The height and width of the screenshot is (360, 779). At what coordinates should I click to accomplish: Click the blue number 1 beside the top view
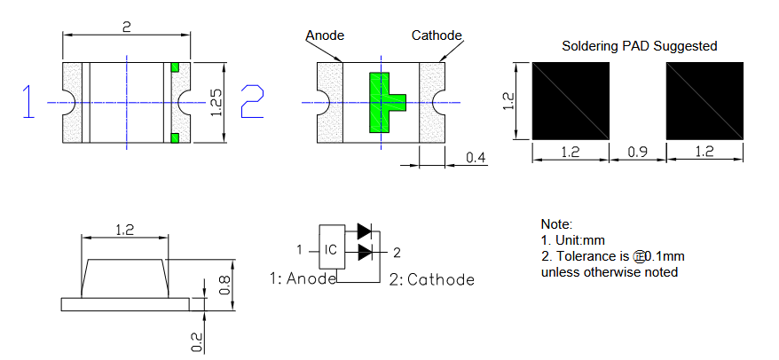pos(29,102)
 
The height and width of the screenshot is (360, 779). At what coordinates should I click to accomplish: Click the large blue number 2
pos(252,101)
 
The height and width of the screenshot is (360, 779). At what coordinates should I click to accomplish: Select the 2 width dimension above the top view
pos(127,27)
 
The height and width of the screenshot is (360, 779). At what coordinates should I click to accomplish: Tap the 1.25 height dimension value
pos(216,103)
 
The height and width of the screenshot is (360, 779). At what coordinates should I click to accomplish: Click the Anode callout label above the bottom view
pos(325,35)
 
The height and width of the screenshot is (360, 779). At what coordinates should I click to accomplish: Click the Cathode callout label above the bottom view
pos(437,35)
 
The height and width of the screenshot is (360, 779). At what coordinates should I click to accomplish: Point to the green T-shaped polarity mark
pos(384,103)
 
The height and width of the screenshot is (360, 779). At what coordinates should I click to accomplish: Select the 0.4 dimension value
pos(476,158)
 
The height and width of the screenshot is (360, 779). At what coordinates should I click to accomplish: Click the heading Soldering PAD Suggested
pos(640,46)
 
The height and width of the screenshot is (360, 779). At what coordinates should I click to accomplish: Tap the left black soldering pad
pos(570,100)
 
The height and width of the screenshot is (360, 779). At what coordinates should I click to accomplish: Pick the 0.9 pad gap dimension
pos(637,153)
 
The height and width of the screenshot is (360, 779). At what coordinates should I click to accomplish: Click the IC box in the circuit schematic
pos(330,249)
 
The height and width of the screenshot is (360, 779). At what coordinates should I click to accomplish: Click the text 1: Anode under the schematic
pos(303,278)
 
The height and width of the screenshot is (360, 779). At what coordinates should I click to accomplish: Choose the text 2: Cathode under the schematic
pos(431,279)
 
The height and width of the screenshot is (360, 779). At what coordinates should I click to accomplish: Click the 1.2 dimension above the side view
pos(125,230)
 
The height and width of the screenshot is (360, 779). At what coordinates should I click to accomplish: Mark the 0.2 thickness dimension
pos(197,340)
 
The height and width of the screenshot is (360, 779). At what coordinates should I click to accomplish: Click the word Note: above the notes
pos(557,224)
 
